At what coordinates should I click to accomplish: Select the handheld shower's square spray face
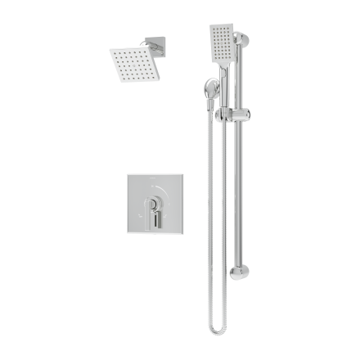pos(221,38)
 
